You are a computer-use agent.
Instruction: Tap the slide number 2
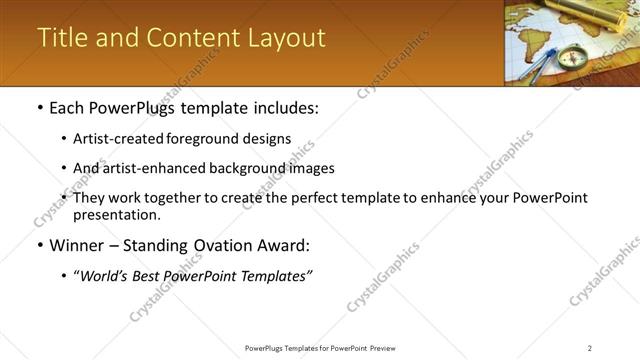point(590,347)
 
